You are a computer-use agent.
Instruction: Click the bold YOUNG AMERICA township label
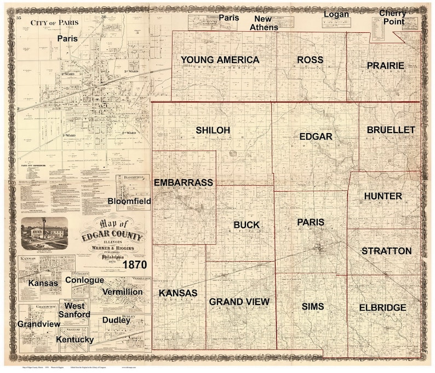tap(220, 60)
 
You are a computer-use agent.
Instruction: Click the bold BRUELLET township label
tap(391, 130)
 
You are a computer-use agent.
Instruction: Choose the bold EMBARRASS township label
tap(183, 182)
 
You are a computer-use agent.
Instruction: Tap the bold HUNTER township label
tap(382, 196)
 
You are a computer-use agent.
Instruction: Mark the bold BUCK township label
tap(247, 225)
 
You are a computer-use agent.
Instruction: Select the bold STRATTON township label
tap(386, 251)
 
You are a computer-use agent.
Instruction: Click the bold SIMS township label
tap(313, 307)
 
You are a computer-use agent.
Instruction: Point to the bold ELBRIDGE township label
tap(383, 308)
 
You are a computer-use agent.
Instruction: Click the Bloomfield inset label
tap(129, 201)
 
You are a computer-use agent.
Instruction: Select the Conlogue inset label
tap(84, 280)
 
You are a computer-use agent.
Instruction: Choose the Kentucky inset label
tap(75, 340)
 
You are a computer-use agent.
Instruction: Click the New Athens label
tap(264, 23)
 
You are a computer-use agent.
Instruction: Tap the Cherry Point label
tap(393, 17)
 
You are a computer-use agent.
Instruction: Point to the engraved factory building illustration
tap(44, 233)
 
